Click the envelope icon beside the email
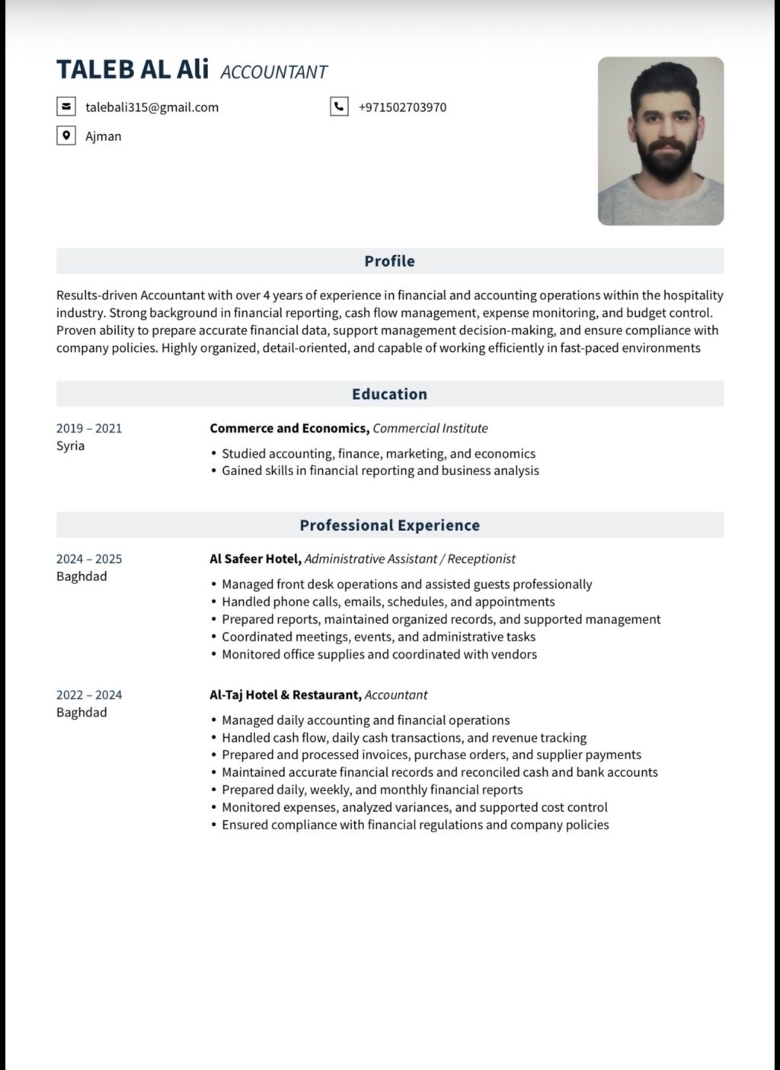[x=66, y=107]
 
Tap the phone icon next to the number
[x=339, y=107]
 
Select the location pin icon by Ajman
[x=66, y=136]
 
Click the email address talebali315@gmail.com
[x=152, y=107]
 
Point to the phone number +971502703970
[x=402, y=107]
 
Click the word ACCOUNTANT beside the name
[x=273, y=72]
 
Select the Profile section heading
[x=389, y=261]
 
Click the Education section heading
[x=389, y=394]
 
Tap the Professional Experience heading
[x=389, y=525]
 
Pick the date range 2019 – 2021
[x=89, y=428]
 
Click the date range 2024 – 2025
[x=89, y=559]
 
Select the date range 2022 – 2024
[x=89, y=695]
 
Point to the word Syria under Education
[x=70, y=446]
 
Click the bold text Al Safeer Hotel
[x=255, y=559]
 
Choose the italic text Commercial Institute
[x=430, y=428]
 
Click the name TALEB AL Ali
[x=133, y=69]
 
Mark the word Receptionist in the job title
[x=481, y=559]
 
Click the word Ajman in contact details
[x=103, y=136]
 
